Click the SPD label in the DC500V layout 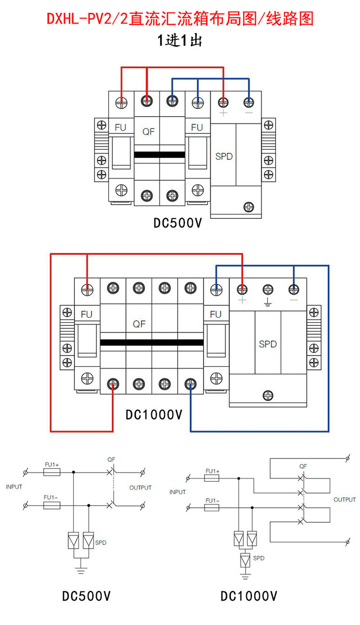click(x=224, y=156)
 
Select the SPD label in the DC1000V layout click(x=268, y=344)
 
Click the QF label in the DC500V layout click(x=148, y=131)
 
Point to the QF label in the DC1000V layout click(x=139, y=324)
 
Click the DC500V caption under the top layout click(x=178, y=223)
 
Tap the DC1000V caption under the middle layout click(x=154, y=414)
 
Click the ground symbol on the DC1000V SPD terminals click(x=268, y=302)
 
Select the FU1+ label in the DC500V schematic click(x=51, y=465)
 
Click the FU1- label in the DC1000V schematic click(x=212, y=500)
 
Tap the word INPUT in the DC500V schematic click(x=14, y=487)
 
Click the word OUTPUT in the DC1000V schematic click(x=345, y=500)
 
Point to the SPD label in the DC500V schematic click(x=101, y=542)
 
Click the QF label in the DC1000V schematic click(x=302, y=466)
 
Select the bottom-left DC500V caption click(x=86, y=596)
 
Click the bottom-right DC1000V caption click(x=249, y=596)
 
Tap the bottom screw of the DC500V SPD click(x=249, y=207)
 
